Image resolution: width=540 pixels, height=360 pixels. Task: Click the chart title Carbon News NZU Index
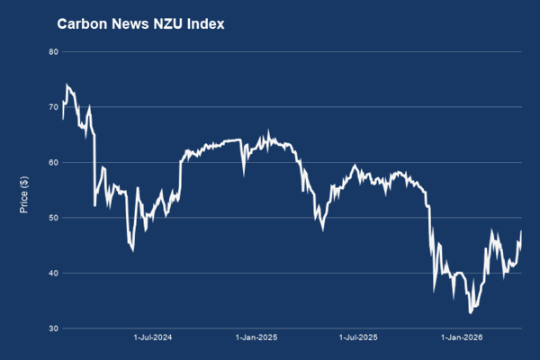pos(140,24)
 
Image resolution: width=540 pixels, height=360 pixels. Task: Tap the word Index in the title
pos(205,24)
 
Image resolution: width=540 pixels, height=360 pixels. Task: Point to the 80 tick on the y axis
pos(53,51)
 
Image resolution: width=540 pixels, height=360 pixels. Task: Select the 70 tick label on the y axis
pos(53,107)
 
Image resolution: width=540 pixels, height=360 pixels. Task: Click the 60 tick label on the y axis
pos(53,162)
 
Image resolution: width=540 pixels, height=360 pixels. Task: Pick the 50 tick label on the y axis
pos(53,218)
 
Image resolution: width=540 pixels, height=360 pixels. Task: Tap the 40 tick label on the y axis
pos(53,273)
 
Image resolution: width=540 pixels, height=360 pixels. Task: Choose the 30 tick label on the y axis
pos(53,328)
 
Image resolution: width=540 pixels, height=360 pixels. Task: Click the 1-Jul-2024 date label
pos(153,338)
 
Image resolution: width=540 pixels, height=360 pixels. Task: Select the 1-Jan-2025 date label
pos(256,338)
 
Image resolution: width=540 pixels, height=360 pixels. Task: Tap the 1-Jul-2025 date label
pos(358,338)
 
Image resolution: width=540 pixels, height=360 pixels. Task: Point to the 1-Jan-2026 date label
pos(462,338)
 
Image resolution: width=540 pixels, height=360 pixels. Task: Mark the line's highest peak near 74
pos(67,85)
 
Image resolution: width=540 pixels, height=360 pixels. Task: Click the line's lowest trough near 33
pos(471,312)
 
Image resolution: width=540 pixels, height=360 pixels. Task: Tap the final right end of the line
pos(522,231)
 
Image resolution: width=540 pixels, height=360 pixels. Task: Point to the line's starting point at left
pos(62,118)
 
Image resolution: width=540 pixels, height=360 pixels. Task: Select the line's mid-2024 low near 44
pos(132,249)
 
